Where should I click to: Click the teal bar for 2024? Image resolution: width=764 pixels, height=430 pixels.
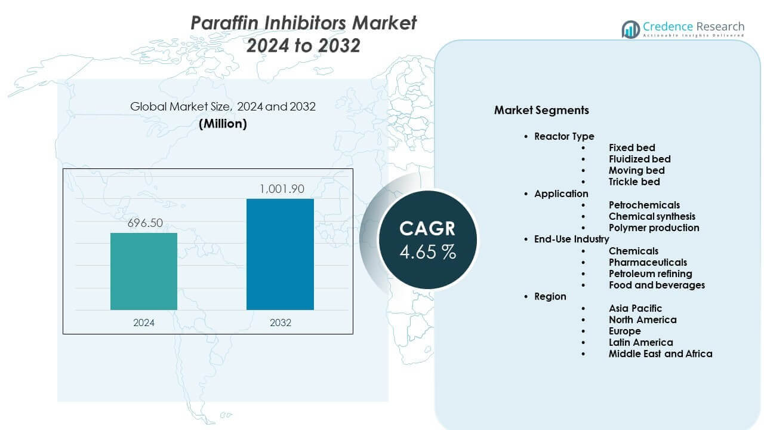pos(144,271)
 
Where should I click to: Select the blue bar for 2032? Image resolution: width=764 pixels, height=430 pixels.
pos(280,254)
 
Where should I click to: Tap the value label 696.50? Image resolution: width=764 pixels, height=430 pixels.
pos(144,224)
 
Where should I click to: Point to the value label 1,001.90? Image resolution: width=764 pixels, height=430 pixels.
pos(281,189)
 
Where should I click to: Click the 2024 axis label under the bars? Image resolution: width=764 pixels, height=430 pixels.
pos(144,322)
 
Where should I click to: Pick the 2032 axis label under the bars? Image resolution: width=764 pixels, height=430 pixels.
pos(281,322)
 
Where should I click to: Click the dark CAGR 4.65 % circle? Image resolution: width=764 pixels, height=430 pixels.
pos(427,239)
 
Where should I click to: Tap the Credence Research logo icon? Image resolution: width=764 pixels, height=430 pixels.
pos(630,29)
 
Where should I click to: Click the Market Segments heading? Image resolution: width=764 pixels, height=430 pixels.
pos(541,110)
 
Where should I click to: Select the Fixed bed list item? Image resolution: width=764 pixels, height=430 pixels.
pos(631,148)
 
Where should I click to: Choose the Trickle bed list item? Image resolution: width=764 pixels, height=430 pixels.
pos(634,182)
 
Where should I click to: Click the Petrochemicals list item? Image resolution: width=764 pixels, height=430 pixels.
pos(644,205)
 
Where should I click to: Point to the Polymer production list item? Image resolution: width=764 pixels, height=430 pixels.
pos(654,228)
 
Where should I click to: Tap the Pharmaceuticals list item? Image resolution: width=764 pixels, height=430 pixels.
pos(648,262)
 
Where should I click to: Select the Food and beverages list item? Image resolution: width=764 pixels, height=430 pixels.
pos(657,285)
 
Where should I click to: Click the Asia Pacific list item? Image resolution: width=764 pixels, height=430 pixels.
pos(635,308)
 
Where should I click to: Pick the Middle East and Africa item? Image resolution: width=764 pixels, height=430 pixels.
pos(660,354)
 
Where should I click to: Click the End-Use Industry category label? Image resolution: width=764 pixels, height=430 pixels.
pos(571,239)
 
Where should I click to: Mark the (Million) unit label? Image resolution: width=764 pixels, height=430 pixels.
pos(223,124)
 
